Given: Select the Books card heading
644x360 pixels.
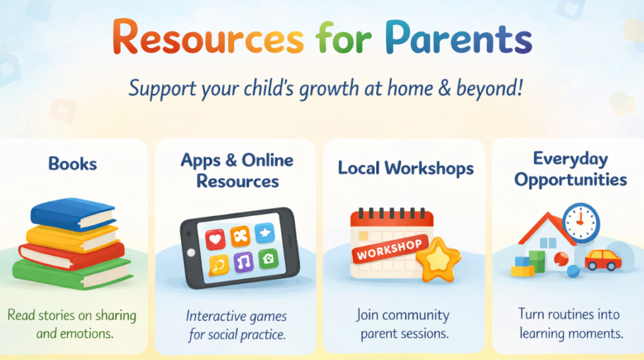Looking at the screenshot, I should tap(73, 164).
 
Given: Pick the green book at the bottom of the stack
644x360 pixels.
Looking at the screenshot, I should tap(72, 272).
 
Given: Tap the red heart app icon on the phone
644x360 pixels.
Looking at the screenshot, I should tap(215, 239).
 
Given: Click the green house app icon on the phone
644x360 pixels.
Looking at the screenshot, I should tap(269, 258).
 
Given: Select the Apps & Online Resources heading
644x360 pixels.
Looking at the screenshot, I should tap(237, 171).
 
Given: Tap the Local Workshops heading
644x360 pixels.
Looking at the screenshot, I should tap(406, 168).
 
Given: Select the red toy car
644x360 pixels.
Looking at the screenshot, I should tap(602, 259).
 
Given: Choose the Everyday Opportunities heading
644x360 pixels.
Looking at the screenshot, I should tap(570, 169).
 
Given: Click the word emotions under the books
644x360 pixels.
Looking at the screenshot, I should tap(87, 333).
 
